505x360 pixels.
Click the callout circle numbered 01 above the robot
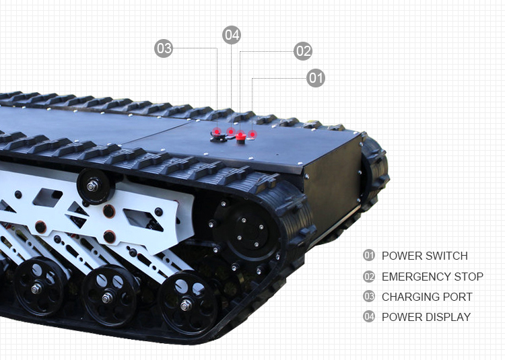pyautogui.click(x=316, y=78)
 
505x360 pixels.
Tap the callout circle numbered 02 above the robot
pyautogui.click(x=303, y=50)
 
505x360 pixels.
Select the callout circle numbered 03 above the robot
pyautogui.click(x=164, y=48)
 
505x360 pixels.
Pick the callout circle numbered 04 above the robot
pyautogui.click(x=232, y=35)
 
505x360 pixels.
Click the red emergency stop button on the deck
pyautogui.click(x=240, y=137)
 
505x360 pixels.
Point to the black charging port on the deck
pyautogui.click(x=218, y=138)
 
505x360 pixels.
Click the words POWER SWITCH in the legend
pyautogui.click(x=424, y=256)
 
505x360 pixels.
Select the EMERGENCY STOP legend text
pyautogui.click(x=432, y=277)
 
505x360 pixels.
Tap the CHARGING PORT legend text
pyautogui.click(x=427, y=297)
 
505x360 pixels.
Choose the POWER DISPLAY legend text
pyautogui.click(x=426, y=317)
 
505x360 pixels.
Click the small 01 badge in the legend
pyautogui.click(x=368, y=256)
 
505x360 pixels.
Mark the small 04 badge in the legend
pyautogui.click(x=368, y=317)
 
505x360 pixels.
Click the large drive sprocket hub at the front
pyautogui.click(x=246, y=231)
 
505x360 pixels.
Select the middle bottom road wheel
pyautogui.click(x=108, y=295)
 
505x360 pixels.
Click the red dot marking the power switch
pyautogui.click(x=253, y=135)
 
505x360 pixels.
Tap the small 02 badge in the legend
pyautogui.click(x=368, y=277)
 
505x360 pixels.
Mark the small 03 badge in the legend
pyautogui.click(x=368, y=297)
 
